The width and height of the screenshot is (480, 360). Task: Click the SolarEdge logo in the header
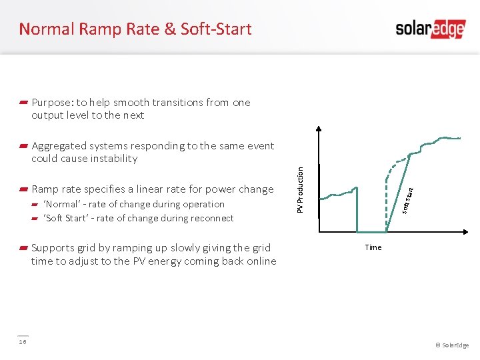(429, 29)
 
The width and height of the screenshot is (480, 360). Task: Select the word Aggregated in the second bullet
(59, 146)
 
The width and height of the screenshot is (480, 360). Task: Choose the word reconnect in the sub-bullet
(211, 218)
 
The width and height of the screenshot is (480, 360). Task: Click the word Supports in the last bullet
(53, 248)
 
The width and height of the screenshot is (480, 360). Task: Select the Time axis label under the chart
(373, 247)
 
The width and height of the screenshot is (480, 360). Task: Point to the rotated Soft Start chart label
(407, 200)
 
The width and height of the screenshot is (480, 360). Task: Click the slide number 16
(23, 341)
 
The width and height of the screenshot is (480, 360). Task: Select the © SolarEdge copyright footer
(452, 345)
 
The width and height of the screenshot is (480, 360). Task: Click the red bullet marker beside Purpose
(23, 103)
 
